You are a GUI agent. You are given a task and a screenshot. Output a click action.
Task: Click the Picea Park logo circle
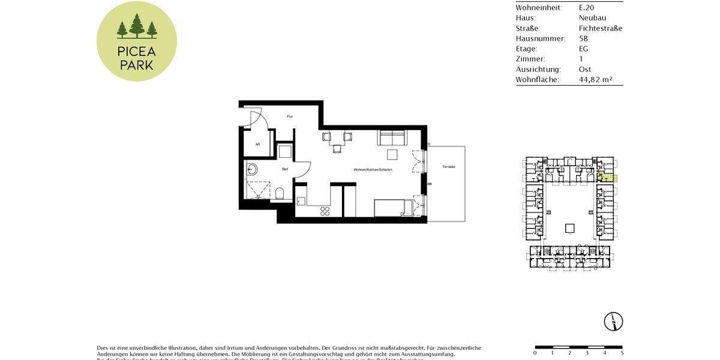click(137, 41)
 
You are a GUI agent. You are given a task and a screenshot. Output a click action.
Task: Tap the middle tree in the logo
click(137, 26)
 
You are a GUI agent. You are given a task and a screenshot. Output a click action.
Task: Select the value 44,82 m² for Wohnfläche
click(595, 79)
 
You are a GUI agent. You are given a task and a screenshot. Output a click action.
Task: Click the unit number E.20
click(587, 7)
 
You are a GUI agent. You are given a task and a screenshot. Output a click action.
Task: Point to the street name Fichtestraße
click(600, 28)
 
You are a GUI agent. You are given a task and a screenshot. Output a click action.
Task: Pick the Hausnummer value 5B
click(584, 38)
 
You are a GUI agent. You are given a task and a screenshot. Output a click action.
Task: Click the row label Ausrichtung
click(538, 69)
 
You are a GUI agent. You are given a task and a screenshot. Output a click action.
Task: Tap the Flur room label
click(289, 116)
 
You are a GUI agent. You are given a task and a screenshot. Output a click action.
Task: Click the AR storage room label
click(257, 145)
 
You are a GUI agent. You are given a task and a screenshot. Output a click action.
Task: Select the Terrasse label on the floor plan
click(449, 166)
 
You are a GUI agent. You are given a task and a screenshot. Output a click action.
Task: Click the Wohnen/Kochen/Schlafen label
click(373, 170)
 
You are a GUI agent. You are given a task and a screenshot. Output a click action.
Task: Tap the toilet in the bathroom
click(280, 193)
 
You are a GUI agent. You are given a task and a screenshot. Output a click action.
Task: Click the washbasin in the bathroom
click(251, 170)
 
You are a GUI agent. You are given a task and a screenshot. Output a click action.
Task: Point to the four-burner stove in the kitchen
click(325, 211)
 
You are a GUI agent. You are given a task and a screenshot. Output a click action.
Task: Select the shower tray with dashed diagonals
click(259, 189)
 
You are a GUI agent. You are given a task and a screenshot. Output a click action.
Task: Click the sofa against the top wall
click(392, 139)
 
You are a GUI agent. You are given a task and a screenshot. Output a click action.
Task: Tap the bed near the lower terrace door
click(394, 208)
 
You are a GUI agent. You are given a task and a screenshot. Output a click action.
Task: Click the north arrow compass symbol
click(614, 321)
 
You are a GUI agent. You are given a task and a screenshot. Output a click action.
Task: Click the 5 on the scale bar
click(622, 353)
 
